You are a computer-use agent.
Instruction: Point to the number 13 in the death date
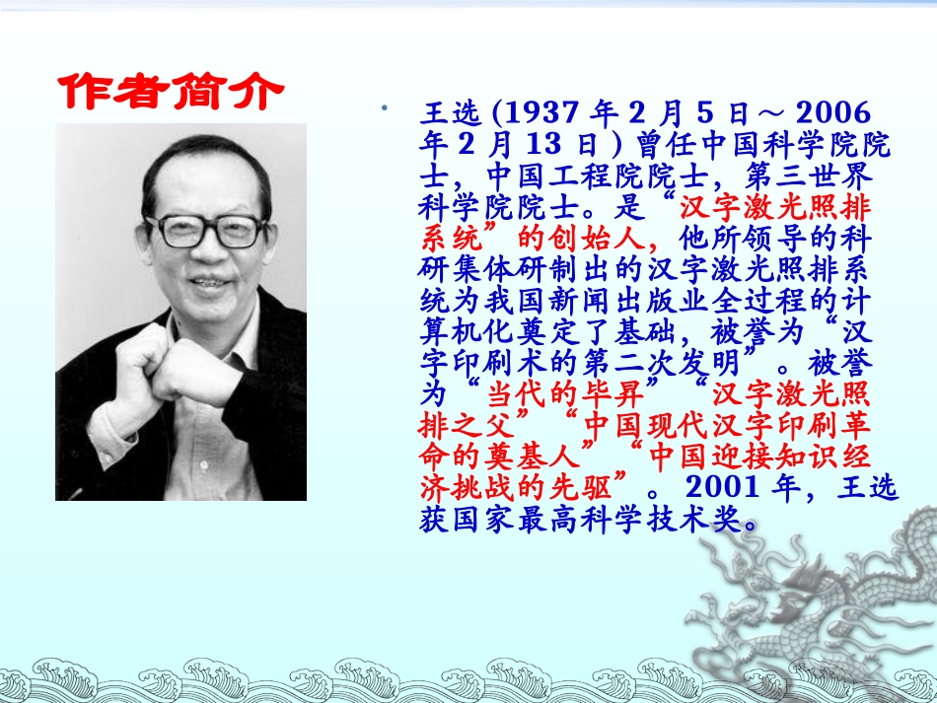click(x=548, y=145)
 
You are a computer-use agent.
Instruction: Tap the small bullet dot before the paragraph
click(x=383, y=105)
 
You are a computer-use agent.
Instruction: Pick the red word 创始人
click(x=593, y=239)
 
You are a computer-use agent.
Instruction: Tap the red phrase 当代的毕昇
click(x=572, y=394)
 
